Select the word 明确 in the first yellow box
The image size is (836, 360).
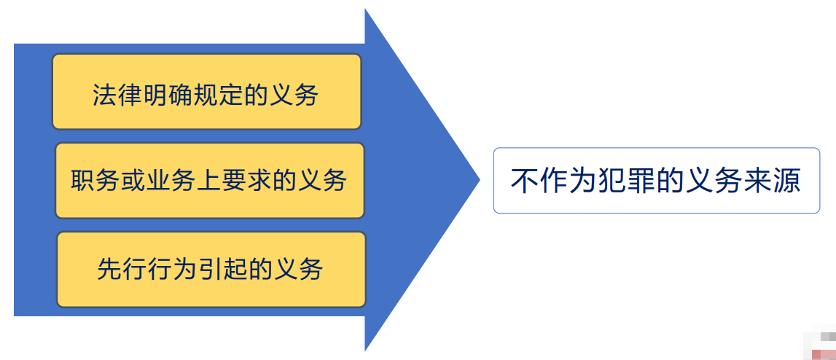(x=166, y=95)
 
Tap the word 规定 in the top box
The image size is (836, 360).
(x=216, y=95)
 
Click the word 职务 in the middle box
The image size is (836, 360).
(x=94, y=181)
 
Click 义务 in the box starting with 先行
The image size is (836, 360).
(x=299, y=269)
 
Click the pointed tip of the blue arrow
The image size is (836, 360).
(x=480, y=180)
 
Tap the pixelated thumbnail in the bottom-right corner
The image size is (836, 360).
(x=819, y=344)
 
